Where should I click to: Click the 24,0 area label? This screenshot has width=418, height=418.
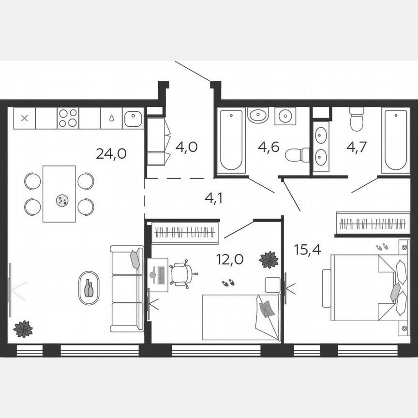[x=111, y=154]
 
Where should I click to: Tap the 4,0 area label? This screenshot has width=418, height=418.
[x=186, y=147]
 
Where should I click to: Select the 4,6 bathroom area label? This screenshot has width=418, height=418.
[x=269, y=147]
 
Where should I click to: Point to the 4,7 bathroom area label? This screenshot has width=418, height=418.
[x=357, y=147]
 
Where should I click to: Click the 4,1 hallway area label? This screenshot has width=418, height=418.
[x=214, y=198]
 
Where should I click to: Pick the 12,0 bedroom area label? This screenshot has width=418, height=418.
[x=230, y=259]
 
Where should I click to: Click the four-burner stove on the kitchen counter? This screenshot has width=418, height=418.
[x=68, y=118]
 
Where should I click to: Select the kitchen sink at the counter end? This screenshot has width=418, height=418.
[x=133, y=118]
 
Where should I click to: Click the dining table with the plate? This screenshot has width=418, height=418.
[x=59, y=194]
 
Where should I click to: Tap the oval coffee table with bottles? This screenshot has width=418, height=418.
[x=89, y=288]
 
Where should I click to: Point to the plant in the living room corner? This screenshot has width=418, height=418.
[x=23, y=329]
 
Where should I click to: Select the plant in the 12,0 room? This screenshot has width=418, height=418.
[x=268, y=260]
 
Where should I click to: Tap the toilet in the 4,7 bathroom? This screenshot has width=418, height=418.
[x=357, y=119]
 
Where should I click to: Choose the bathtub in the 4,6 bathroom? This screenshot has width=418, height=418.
[x=231, y=140]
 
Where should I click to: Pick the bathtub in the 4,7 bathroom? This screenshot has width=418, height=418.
[x=396, y=140]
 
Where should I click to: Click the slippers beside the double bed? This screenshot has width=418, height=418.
[x=382, y=247]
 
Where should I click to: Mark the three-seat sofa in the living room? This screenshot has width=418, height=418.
[x=127, y=289]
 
